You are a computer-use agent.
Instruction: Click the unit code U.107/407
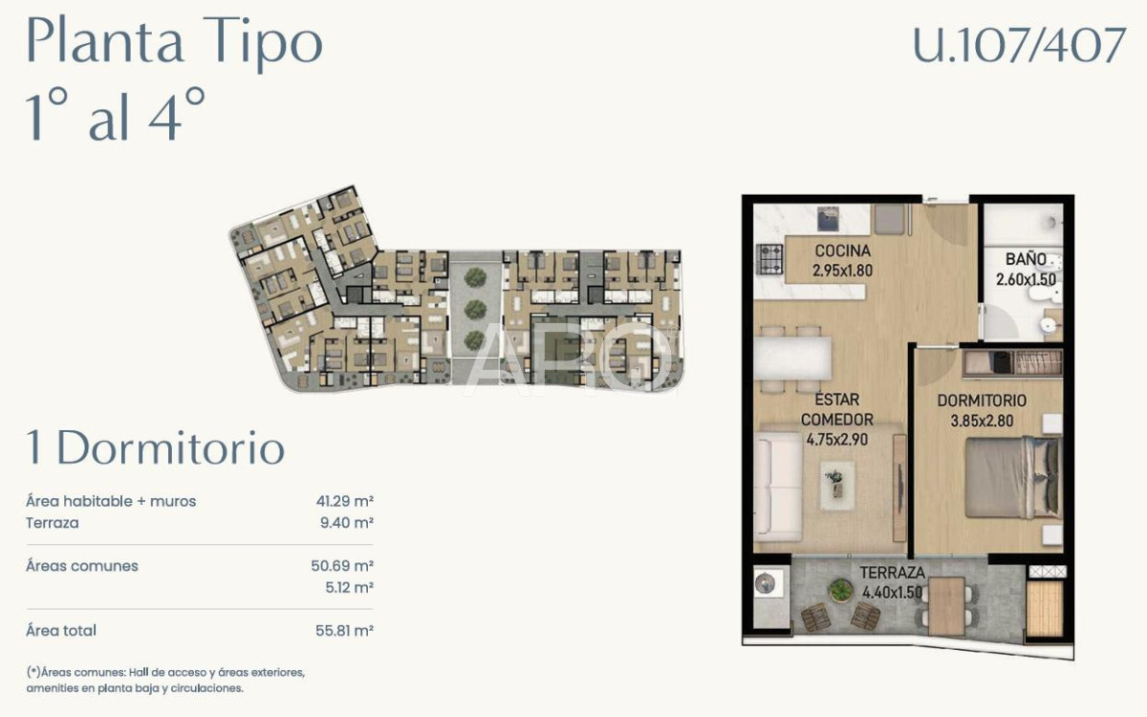coord(1019,45)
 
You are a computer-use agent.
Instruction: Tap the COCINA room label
coord(841,251)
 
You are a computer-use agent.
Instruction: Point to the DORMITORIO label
coord(982,401)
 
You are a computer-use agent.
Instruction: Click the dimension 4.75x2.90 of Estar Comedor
coord(837,441)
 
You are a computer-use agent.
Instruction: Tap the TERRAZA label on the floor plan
coord(892,573)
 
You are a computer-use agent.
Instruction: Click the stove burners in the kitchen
coord(770,258)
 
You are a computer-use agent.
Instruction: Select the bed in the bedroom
coord(1011,477)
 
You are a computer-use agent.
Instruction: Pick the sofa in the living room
coord(777,488)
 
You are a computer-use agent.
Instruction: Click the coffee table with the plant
coord(835,480)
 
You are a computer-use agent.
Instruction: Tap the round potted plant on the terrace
coord(840,591)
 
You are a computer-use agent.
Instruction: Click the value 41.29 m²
coord(344,501)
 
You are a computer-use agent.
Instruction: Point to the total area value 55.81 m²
coord(344,631)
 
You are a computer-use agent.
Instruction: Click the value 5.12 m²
coord(349,588)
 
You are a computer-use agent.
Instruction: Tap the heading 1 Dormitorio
coord(155,448)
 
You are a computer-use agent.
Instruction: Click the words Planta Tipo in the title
coord(174,43)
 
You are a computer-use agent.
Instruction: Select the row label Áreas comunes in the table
coord(82,566)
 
